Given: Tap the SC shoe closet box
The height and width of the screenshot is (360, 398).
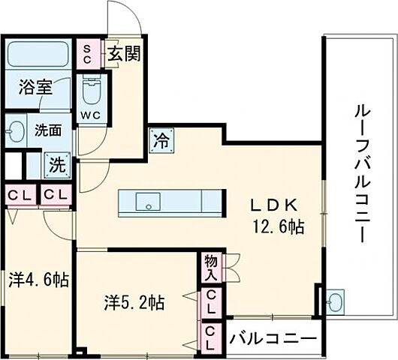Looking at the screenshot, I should click(88, 54).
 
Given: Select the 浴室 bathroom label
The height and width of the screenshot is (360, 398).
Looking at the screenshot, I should click(35, 86).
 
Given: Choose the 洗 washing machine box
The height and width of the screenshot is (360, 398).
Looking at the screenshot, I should click(56, 163).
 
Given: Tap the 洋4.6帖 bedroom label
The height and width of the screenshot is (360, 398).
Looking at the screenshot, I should click(39, 280).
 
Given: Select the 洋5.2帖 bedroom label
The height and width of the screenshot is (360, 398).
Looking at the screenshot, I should click(134, 303).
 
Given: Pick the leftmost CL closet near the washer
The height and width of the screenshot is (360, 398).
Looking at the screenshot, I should click(20, 195).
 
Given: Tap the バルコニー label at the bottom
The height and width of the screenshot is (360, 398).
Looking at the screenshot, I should click(273, 337).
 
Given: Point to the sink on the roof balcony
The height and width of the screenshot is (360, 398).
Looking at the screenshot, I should click(334, 301).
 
